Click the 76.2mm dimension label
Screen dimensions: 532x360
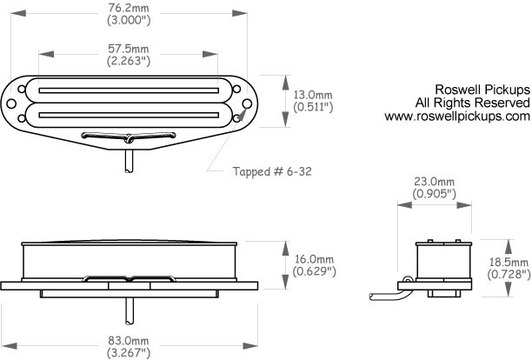pyautogui.click(x=129, y=8)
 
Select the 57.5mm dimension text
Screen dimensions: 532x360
pyautogui.click(x=129, y=49)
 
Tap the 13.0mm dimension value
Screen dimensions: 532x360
pyautogui.click(x=313, y=95)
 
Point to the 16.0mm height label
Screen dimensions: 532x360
pyautogui.click(x=314, y=259)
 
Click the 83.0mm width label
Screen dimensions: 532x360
pyautogui.click(x=129, y=340)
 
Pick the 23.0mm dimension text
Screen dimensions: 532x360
pyautogui.click(x=434, y=181)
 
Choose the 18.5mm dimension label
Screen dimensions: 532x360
pyautogui.click(x=509, y=262)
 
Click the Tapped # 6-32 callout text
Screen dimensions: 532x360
pyautogui.click(x=272, y=171)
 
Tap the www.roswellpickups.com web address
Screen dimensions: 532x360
pyautogui.click(x=457, y=117)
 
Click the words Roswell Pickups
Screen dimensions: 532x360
pyautogui.click(x=482, y=90)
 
